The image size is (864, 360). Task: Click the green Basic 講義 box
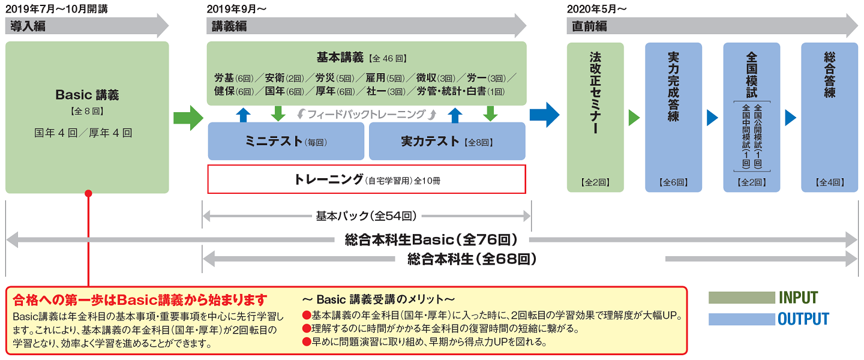[87, 117]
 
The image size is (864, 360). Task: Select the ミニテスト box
[286, 142]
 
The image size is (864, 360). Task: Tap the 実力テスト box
[447, 142]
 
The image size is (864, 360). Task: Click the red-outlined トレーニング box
[367, 179]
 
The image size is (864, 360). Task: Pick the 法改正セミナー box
[595, 117]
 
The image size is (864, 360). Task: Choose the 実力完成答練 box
[673, 117]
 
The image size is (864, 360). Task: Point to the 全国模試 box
[751, 117]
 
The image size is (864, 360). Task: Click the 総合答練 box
[829, 117]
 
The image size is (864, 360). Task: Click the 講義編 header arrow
[367, 26]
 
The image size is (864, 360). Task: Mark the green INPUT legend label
[798, 298]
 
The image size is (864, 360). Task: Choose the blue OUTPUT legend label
[803, 319]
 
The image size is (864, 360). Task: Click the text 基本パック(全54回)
[366, 215]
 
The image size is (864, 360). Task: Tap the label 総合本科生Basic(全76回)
[431, 240]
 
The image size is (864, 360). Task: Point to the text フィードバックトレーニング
[366, 113]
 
